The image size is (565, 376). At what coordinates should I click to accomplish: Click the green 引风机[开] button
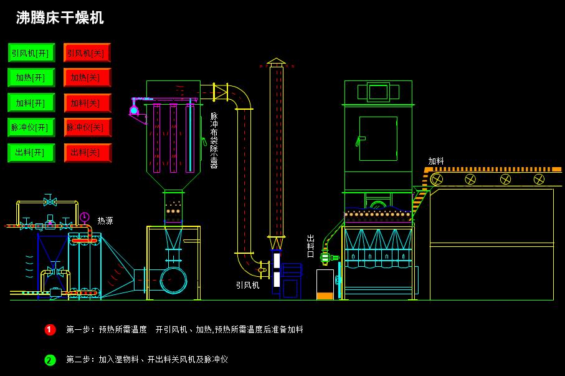[x=31, y=53]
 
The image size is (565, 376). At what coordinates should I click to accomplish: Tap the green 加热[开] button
[x=31, y=78]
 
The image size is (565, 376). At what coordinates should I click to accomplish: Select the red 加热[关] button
[x=87, y=78]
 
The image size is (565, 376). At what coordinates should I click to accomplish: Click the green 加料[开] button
[x=31, y=103]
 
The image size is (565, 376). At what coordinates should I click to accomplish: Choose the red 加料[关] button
[x=87, y=103]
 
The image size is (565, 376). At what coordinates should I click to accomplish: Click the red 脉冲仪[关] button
[x=87, y=128]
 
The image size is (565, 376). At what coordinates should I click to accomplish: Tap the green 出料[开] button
[x=31, y=153]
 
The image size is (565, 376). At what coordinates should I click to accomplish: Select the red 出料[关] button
[x=87, y=153]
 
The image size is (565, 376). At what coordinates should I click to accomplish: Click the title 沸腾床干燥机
[x=60, y=18]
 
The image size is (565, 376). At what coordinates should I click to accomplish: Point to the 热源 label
[x=105, y=221]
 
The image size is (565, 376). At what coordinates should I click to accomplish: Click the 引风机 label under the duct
[x=247, y=285]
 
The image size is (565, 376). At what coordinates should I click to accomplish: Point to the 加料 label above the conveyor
[x=436, y=161]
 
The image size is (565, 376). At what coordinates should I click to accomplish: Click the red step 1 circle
[x=50, y=329]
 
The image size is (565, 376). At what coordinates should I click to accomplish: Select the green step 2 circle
[x=50, y=360]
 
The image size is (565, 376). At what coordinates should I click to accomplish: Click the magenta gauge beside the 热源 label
[x=85, y=217]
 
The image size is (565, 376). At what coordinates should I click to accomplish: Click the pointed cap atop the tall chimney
[x=276, y=62]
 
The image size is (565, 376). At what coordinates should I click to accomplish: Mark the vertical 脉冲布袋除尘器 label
[x=214, y=140]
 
